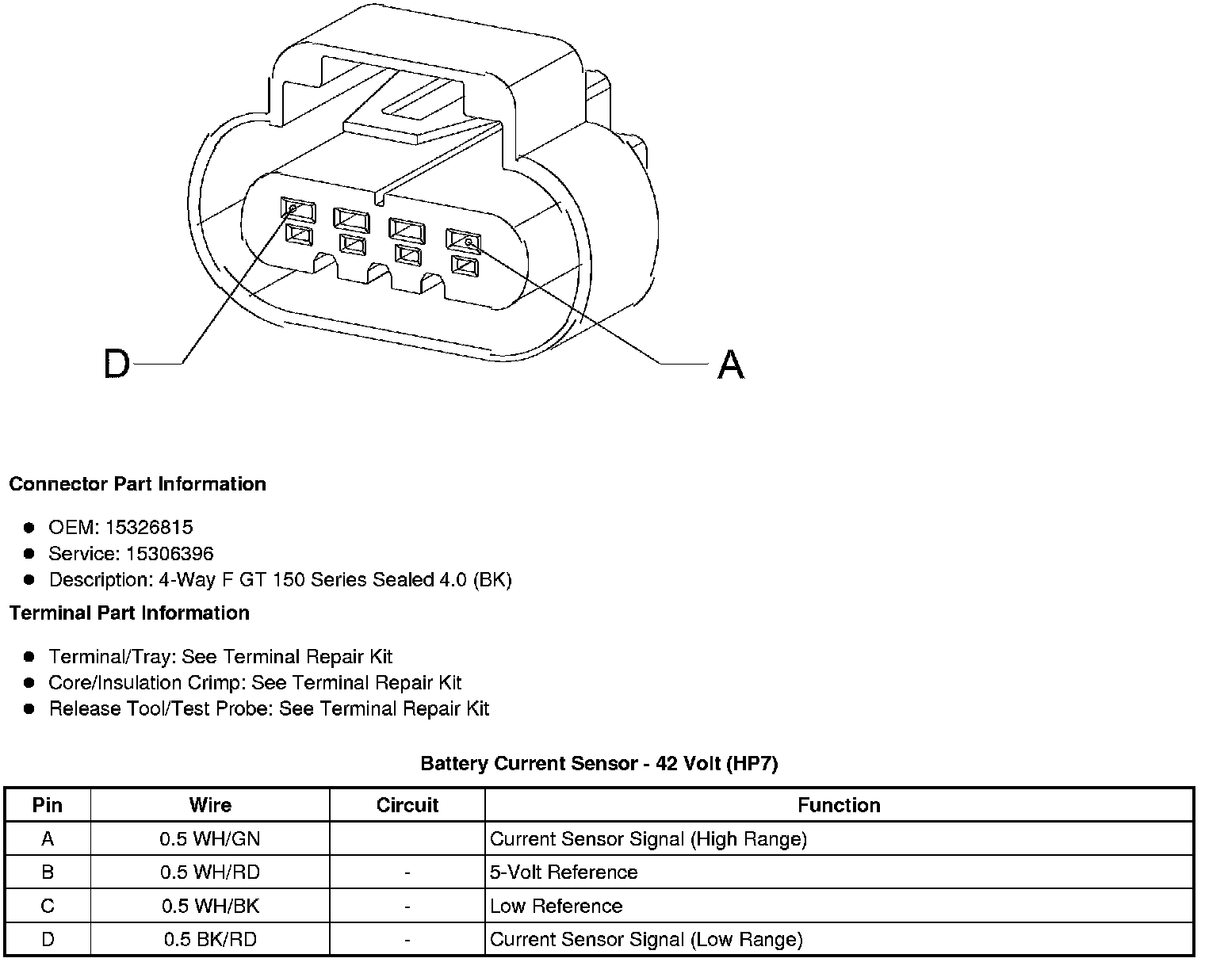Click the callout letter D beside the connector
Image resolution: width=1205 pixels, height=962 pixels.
116,365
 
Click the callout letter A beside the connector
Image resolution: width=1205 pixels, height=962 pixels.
731,365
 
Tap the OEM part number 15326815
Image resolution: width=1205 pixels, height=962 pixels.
154,528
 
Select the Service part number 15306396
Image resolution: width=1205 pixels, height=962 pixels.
170,554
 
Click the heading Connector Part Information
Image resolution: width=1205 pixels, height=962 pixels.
138,484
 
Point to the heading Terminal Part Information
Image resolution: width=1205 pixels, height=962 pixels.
129,613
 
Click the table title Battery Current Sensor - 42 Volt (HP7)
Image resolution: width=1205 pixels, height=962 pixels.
599,764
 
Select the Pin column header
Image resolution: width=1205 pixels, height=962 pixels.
48,805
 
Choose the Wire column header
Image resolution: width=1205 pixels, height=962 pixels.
210,805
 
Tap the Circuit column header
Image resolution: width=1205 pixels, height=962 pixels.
407,805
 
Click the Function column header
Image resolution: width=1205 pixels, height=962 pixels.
839,805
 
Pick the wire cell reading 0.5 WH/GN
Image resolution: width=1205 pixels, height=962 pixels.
210,839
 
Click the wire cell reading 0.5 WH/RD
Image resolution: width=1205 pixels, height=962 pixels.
210,872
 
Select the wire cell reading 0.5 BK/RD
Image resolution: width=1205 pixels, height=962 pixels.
210,940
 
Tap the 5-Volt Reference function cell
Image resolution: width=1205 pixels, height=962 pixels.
564,872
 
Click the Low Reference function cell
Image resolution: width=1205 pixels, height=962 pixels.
557,907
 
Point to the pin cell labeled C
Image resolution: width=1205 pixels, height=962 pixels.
48,907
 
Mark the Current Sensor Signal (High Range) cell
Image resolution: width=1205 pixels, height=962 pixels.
648,839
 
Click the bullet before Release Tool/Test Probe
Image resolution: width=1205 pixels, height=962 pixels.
29,708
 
